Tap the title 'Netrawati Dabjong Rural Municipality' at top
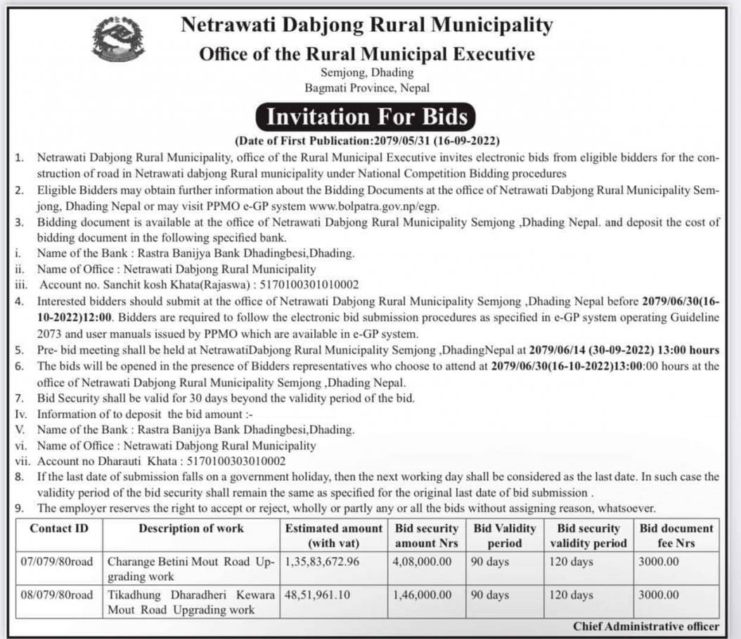(367, 25)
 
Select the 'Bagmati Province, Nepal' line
(367, 88)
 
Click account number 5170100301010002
(299, 284)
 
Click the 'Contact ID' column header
(59, 528)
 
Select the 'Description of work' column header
(191, 528)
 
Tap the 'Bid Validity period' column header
(504, 535)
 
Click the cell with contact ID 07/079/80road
(58, 562)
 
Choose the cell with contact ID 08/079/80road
(58, 595)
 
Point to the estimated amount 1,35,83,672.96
(322, 562)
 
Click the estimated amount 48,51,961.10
(317, 595)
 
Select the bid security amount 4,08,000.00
(423, 562)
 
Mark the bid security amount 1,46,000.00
(423, 595)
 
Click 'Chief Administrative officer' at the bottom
(645, 626)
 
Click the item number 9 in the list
(20, 507)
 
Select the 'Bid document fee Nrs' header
(675, 535)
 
